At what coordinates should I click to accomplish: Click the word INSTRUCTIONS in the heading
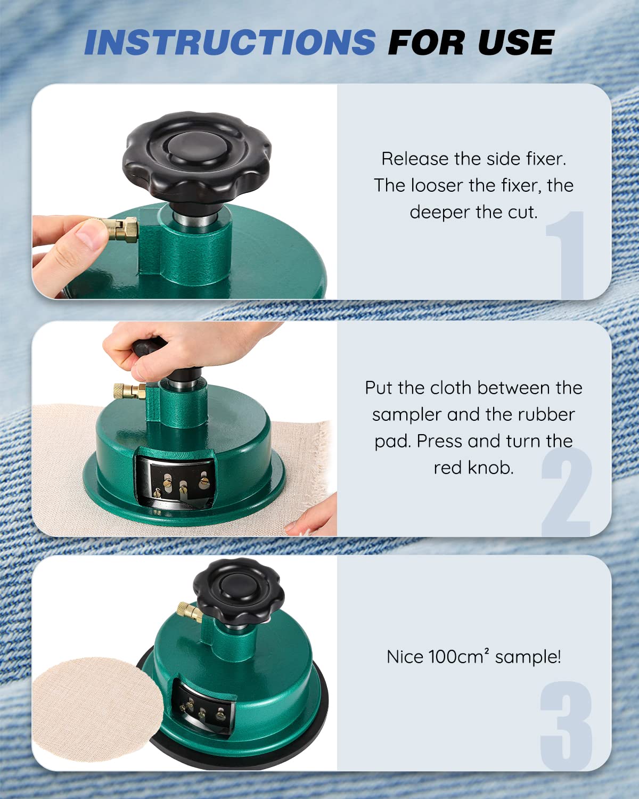click(x=230, y=42)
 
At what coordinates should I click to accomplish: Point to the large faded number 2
click(x=566, y=491)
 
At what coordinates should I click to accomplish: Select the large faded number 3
click(x=566, y=725)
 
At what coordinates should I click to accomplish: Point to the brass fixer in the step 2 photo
click(x=129, y=391)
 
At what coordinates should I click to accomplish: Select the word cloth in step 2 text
click(x=450, y=388)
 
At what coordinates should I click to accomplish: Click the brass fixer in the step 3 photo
click(x=190, y=612)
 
